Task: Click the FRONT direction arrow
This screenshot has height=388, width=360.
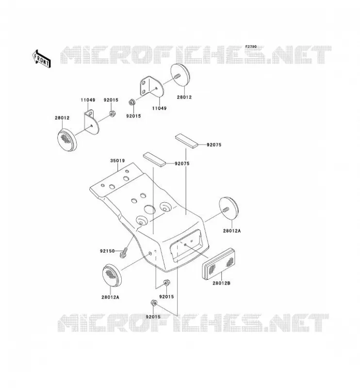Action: click(x=41, y=59)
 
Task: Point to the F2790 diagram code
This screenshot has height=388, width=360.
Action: click(x=251, y=47)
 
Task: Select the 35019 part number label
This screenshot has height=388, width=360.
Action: click(x=117, y=161)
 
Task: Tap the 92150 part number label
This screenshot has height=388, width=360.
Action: click(x=107, y=251)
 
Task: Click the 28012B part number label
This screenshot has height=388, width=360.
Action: click(x=221, y=283)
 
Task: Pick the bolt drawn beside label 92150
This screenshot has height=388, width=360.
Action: click(x=124, y=253)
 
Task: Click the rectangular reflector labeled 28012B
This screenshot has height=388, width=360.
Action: click(x=219, y=263)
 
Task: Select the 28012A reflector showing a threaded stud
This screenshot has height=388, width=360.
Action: click(x=229, y=210)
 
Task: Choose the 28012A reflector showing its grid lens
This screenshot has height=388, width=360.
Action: click(x=112, y=275)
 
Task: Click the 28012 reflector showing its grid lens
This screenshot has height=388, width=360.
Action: click(x=67, y=140)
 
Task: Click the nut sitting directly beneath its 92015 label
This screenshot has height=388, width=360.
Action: click(x=112, y=114)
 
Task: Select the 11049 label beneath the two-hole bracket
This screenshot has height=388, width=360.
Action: click(x=159, y=108)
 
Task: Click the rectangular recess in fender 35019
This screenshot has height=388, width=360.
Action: click(x=188, y=246)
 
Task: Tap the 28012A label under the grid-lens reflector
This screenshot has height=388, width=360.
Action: click(x=110, y=297)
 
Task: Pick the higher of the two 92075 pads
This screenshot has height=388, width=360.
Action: click(x=187, y=141)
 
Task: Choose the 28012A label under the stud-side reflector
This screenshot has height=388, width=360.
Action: click(x=232, y=231)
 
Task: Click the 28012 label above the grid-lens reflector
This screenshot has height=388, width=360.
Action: click(x=62, y=118)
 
